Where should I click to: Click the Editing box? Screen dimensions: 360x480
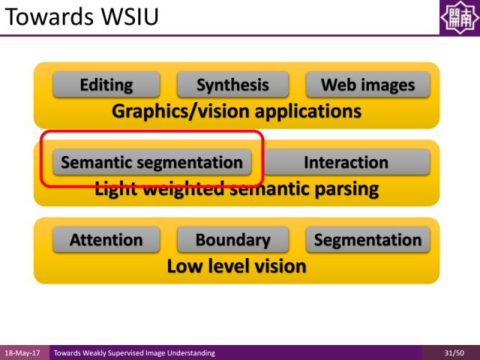click(106, 85)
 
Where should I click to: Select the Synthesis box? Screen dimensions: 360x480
click(232, 85)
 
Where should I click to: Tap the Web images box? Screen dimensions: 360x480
click(367, 85)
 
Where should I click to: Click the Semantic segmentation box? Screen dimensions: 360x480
click(151, 162)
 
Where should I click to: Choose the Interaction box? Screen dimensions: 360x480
click(346, 162)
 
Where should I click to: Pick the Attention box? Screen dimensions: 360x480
click(106, 240)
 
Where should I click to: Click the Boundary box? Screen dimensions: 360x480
click(232, 240)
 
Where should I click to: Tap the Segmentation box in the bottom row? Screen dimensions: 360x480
click(367, 240)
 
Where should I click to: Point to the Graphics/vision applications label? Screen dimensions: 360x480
click(236, 112)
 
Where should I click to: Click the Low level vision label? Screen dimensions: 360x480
click(236, 265)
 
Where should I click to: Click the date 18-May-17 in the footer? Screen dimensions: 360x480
click(22, 352)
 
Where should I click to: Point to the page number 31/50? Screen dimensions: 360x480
click(454, 352)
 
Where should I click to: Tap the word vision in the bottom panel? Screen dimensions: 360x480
click(278, 265)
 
